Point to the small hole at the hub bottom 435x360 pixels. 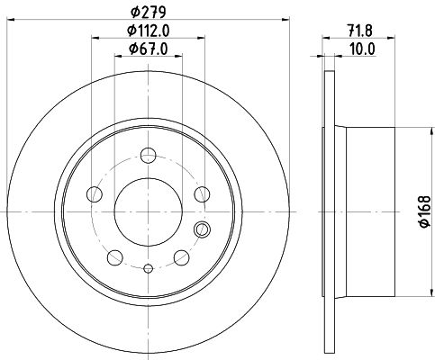[x=148, y=268]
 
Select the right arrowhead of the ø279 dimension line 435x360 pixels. [x=287, y=20]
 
